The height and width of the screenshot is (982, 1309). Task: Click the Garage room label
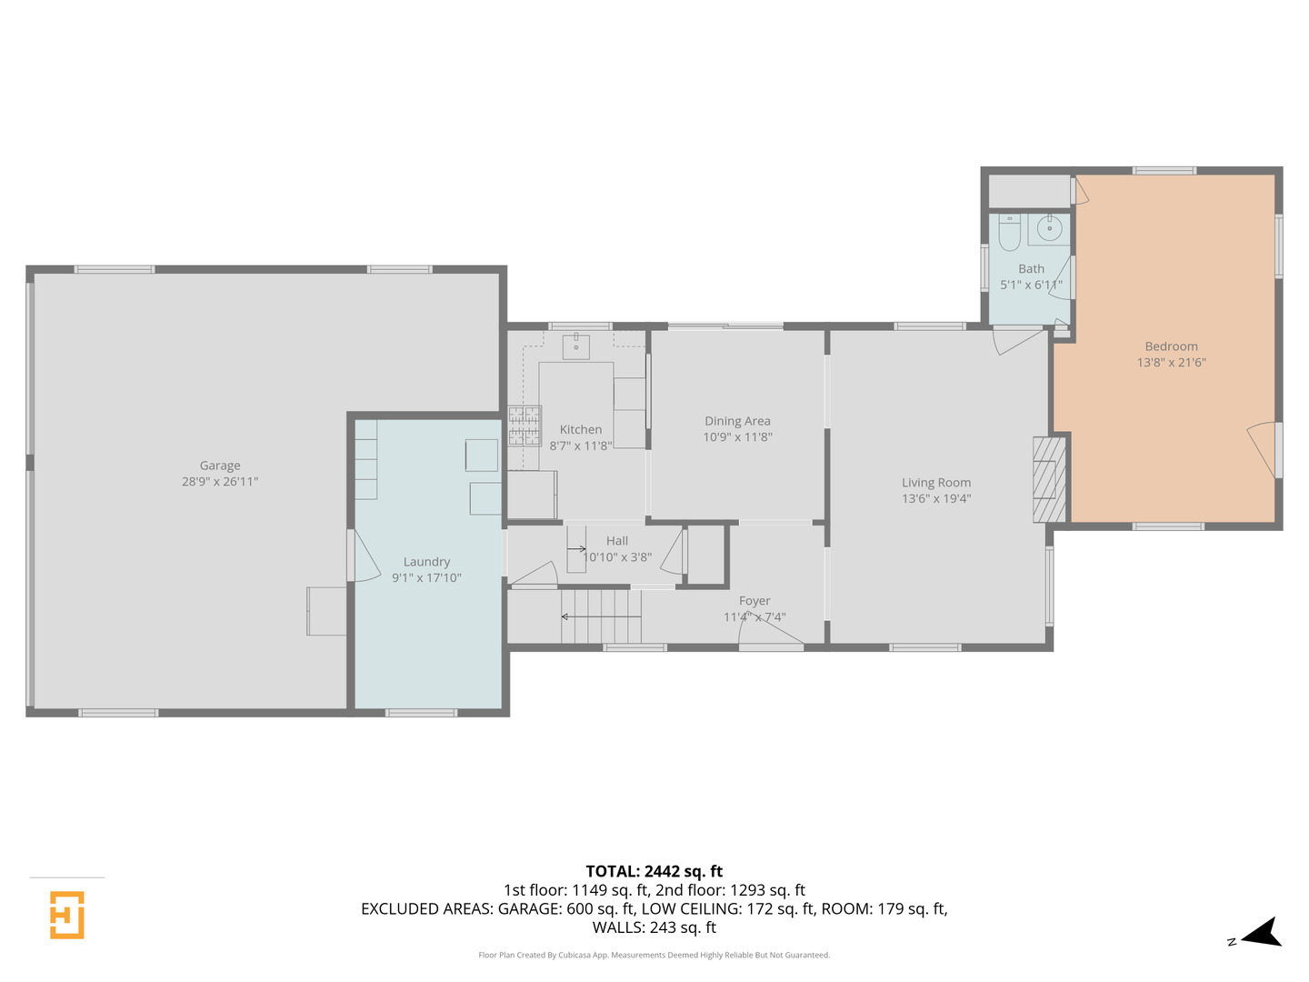(220, 466)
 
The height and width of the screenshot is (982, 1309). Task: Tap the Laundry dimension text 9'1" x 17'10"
(426, 578)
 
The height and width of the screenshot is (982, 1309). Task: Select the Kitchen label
(581, 430)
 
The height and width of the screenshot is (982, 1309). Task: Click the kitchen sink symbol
(576, 346)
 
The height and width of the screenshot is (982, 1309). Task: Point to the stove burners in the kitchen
(525, 426)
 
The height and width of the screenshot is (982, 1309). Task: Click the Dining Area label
(737, 421)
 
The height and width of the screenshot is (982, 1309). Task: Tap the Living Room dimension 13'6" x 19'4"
(936, 499)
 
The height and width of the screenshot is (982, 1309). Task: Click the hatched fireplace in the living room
(1048, 479)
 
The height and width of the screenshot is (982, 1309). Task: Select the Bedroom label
(1171, 346)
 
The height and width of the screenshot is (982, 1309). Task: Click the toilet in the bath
(1009, 234)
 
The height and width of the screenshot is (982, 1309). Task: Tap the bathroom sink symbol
(1050, 228)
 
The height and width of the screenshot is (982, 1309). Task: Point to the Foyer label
(754, 601)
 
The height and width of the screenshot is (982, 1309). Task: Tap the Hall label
(617, 541)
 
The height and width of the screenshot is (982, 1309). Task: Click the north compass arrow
(1262, 934)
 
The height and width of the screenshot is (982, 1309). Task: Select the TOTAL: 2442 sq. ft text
(654, 871)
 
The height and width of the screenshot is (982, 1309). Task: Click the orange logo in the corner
(67, 914)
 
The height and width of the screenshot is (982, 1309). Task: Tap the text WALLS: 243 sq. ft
(654, 927)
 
